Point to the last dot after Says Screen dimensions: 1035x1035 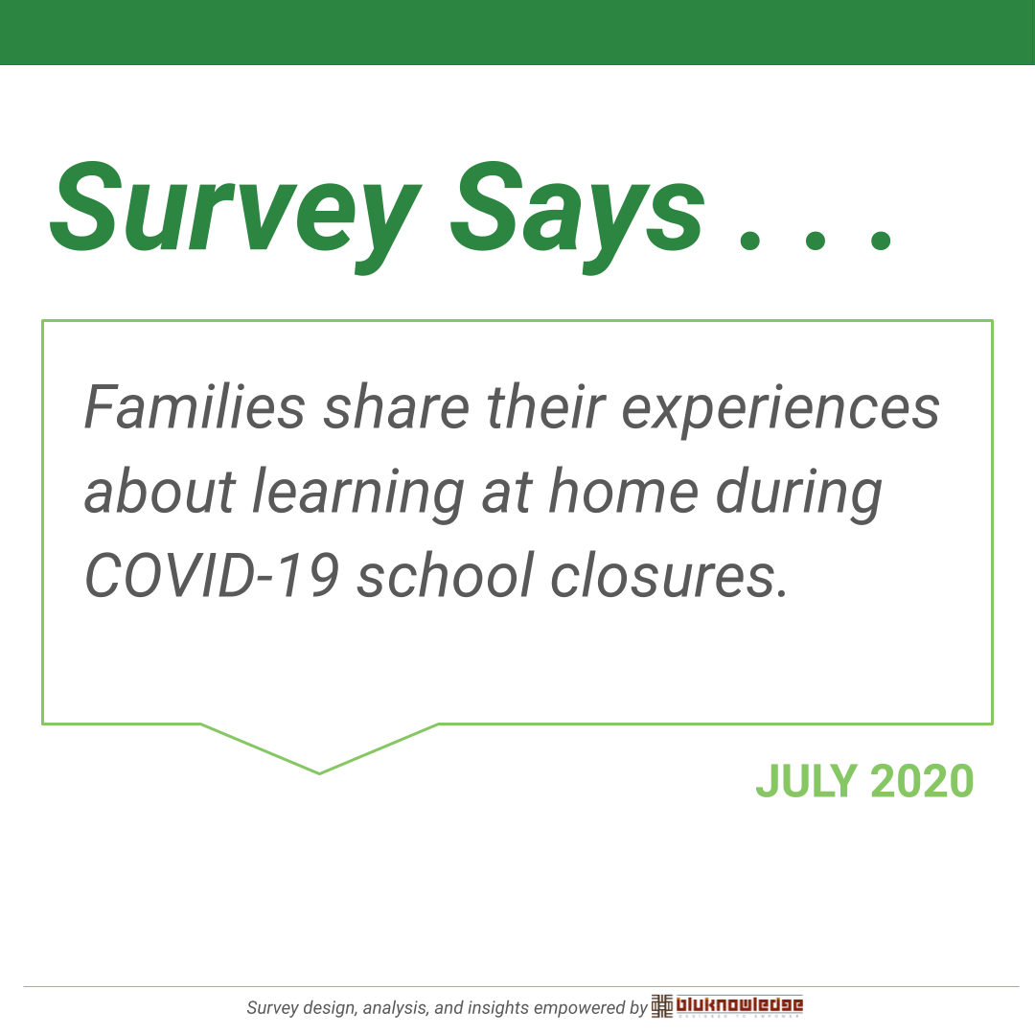point(881,239)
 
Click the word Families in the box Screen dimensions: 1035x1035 point(195,407)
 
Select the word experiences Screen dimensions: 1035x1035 point(781,410)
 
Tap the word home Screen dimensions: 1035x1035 point(624,491)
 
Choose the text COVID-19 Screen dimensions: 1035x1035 point(212,575)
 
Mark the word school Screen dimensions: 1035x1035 point(446,575)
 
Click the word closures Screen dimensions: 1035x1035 point(669,575)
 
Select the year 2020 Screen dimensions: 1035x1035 point(922,781)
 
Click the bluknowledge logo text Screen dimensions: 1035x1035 point(739,1004)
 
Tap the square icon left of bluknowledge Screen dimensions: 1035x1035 point(662,1006)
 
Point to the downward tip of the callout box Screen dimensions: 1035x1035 point(319,773)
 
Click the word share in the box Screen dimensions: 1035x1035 point(397,407)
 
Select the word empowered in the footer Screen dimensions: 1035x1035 point(580,1008)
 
